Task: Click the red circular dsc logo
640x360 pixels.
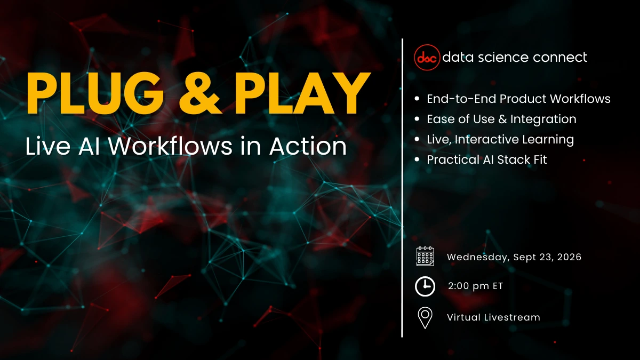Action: (427, 57)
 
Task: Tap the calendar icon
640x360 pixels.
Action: (425, 257)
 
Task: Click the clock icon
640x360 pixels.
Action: (425, 286)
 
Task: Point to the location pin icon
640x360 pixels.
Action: (425, 317)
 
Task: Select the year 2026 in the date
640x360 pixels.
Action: (567, 257)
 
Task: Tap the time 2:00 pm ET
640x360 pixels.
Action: (475, 286)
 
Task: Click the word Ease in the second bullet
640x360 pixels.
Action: (440, 119)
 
